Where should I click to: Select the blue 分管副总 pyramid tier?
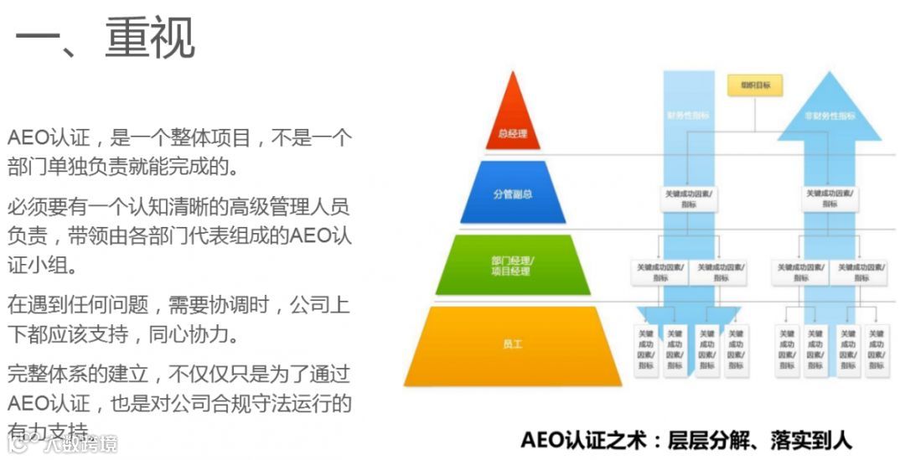pyautogui.click(x=513, y=194)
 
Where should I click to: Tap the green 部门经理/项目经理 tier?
pyautogui.click(x=512, y=266)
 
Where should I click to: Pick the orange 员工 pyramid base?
pyautogui.click(x=512, y=344)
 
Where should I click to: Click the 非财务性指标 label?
pyautogui.click(x=829, y=116)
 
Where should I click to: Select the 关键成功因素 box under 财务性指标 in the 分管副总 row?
pyautogui.click(x=688, y=198)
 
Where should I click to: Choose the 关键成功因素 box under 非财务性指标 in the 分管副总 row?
pyautogui.click(x=829, y=198)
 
